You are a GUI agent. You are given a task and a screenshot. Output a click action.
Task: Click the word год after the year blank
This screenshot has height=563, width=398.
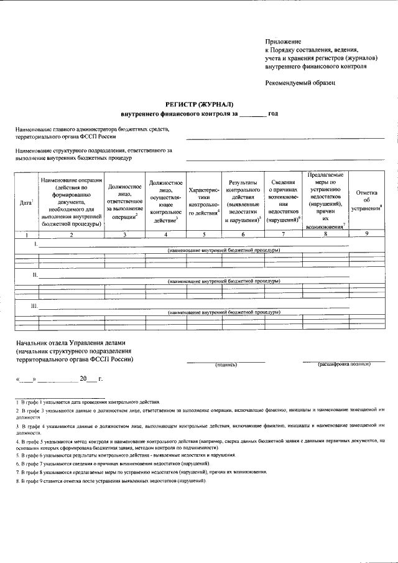[273, 114]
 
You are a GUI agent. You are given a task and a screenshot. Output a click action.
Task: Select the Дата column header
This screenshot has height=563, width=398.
[26, 203]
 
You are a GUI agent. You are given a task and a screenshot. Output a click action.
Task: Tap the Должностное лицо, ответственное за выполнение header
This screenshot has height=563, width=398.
[125, 203]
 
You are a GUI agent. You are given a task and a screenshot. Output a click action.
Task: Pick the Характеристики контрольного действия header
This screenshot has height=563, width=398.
[205, 203]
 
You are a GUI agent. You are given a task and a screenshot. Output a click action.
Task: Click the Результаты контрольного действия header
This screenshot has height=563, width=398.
[243, 203]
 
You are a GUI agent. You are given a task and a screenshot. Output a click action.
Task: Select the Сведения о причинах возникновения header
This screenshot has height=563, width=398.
[284, 203]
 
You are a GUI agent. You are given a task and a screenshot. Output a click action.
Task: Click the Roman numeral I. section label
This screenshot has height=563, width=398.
[35, 245]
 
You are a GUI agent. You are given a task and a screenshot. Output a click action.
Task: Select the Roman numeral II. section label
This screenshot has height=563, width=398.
[35, 274]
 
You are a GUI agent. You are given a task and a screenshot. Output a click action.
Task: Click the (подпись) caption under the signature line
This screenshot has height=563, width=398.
[226, 365]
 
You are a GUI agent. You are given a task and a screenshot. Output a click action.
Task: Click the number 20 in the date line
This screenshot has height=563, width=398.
[83, 379]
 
